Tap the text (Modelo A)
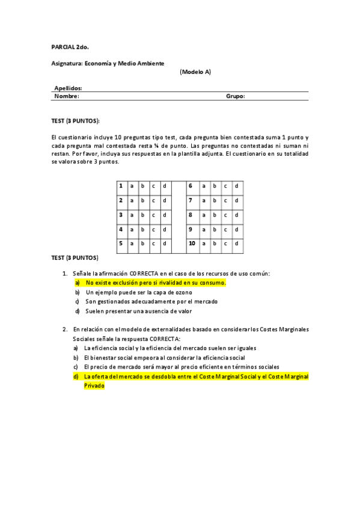195,72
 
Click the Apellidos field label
69,88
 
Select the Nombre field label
67,96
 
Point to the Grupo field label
235,96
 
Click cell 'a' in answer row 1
132,186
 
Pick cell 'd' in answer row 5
164,244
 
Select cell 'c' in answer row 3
153,215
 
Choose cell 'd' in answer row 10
236,244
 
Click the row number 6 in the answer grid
190,186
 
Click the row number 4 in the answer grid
121,229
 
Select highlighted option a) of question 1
155,282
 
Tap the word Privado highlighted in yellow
94,386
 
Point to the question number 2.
65,330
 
